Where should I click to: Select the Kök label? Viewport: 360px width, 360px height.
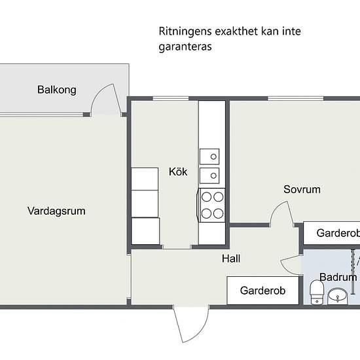point(178,172)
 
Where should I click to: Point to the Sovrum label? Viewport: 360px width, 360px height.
point(302,190)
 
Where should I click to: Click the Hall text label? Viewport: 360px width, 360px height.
point(231,259)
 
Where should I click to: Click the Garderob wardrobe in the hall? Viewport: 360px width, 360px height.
point(262,291)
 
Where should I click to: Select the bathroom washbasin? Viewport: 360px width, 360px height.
point(338,296)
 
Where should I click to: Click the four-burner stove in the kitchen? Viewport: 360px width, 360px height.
point(212,204)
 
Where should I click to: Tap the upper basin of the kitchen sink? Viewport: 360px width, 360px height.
point(211,156)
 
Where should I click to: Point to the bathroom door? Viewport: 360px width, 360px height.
point(291,263)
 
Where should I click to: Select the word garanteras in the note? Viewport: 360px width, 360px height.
point(185,47)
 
